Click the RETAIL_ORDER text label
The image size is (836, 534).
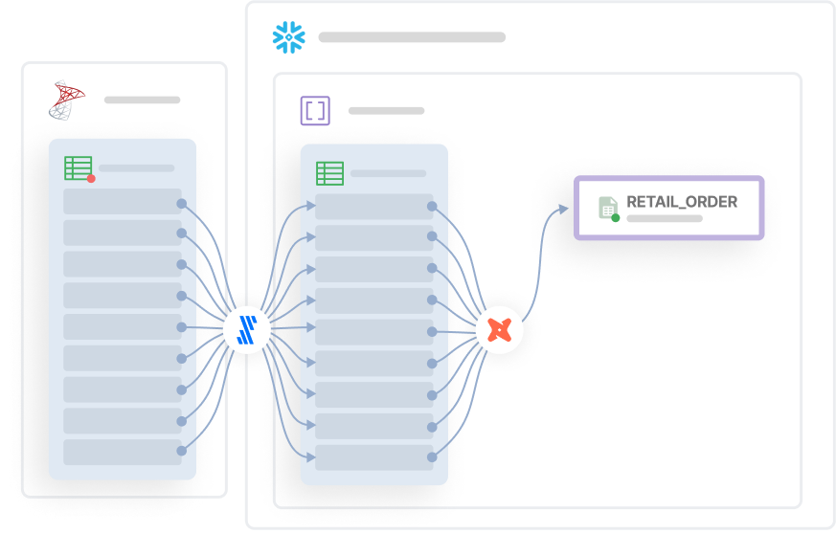pyautogui.click(x=682, y=202)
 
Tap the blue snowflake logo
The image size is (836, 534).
pyautogui.click(x=289, y=37)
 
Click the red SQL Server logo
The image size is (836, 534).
pyautogui.click(x=67, y=100)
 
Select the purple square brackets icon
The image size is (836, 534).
pyautogui.click(x=314, y=111)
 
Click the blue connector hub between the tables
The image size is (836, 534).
pyautogui.click(x=247, y=328)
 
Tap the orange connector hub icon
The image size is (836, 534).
pyautogui.click(x=499, y=330)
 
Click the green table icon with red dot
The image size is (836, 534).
pyautogui.click(x=79, y=168)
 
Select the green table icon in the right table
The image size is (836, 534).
pyautogui.click(x=329, y=173)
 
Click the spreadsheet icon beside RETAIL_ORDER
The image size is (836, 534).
pyautogui.click(x=608, y=207)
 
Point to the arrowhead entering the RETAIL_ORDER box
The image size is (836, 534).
pyautogui.click(x=566, y=207)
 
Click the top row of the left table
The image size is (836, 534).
pyautogui.click(x=122, y=202)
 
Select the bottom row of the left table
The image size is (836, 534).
pyautogui.click(x=122, y=452)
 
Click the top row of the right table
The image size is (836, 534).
pyautogui.click(x=373, y=207)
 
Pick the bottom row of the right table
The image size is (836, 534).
pyautogui.click(x=373, y=456)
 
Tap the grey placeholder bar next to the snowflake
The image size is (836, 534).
pyautogui.click(x=412, y=37)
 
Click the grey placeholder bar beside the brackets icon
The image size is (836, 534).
pyautogui.click(x=386, y=111)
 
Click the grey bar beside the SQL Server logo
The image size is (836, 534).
pyautogui.click(x=142, y=100)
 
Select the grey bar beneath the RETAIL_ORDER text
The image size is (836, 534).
pyautogui.click(x=664, y=218)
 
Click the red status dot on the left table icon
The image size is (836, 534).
pyautogui.click(x=91, y=178)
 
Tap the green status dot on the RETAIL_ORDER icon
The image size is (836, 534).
pyautogui.click(x=616, y=217)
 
